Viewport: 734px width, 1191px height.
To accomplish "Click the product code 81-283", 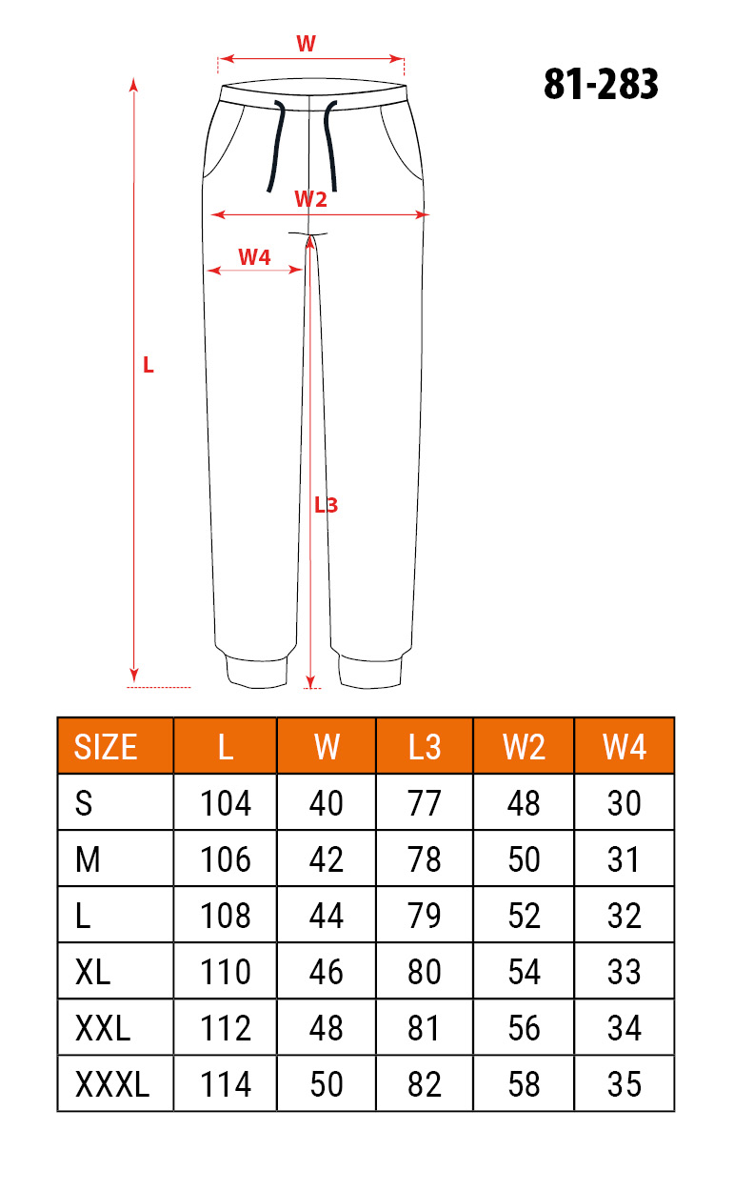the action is [601, 84].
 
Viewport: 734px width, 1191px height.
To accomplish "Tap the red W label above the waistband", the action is [306, 44].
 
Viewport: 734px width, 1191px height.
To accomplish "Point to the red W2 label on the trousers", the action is [310, 199].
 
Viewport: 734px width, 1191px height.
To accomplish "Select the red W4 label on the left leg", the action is [254, 257].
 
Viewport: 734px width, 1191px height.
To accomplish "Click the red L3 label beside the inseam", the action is [326, 505].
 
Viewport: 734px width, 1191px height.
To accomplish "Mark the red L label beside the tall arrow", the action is [149, 365].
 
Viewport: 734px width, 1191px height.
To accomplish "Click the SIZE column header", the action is [105, 746].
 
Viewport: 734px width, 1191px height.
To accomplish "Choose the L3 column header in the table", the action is [424, 746].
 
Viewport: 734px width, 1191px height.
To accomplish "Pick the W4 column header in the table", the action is [625, 746].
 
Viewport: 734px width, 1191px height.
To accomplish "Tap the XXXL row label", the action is [112, 1084].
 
